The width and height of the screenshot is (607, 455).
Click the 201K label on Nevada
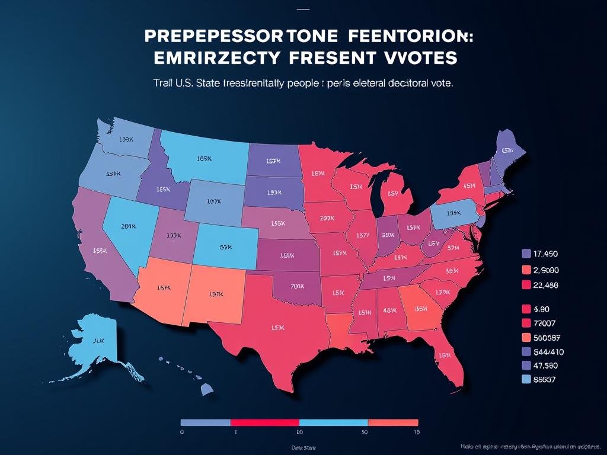pyautogui.click(x=127, y=226)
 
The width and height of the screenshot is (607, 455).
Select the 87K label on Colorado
pyautogui.click(x=225, y=248)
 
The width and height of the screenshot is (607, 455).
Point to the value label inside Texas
pyautogui.click(x=277, y=327)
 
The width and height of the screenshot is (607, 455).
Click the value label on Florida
pyautogui.click(x=445, y=355)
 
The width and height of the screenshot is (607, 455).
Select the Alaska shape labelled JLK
pyautogui.click(x=98, y=341)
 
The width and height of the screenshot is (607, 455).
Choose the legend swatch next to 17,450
pyautogui.click(x=526, y=254)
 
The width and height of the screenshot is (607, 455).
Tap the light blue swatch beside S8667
pyautogui.click(x=526, y=379)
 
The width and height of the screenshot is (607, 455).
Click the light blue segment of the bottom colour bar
pyautogui.click(x=333, y=423)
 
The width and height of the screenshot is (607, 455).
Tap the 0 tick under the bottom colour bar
pyautogui.click(x=183, y=433)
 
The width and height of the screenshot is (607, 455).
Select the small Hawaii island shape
pyautogui.click(x=206, y=389)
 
